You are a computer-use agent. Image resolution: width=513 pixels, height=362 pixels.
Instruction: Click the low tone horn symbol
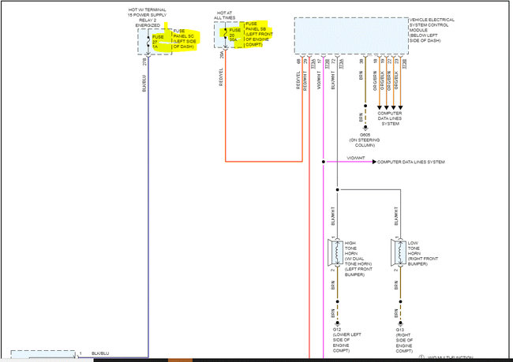[400, 253]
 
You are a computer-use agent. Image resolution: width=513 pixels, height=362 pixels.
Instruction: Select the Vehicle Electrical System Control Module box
[350, 34]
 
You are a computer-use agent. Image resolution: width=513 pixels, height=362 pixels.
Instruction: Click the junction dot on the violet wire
[324, 162]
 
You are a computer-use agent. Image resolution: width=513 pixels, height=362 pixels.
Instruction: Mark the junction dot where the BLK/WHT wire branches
[337, 189]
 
